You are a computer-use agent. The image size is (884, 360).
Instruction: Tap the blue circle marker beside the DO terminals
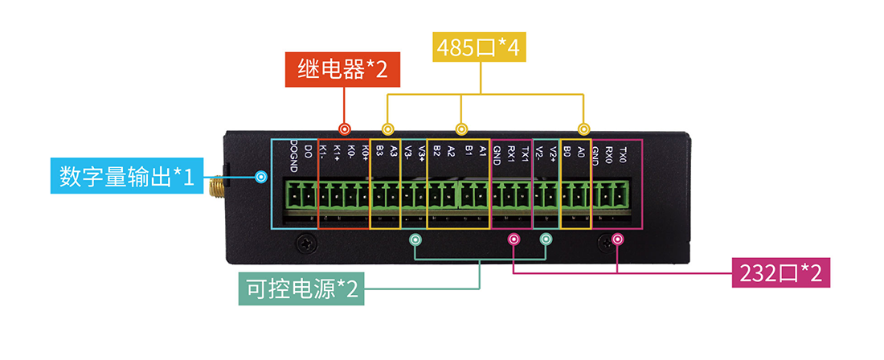tap(260, 176)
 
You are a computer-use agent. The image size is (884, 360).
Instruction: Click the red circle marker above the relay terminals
tap(345, 129)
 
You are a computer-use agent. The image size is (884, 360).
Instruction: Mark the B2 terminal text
tap(436, 151)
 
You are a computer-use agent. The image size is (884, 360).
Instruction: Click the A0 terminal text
tap(581, 151)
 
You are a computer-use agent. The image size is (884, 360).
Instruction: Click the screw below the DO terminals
tap(304, 242)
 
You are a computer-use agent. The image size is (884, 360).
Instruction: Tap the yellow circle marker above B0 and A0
tap(583, 129)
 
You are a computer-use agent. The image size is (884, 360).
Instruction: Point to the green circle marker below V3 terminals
tap(415, 239)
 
